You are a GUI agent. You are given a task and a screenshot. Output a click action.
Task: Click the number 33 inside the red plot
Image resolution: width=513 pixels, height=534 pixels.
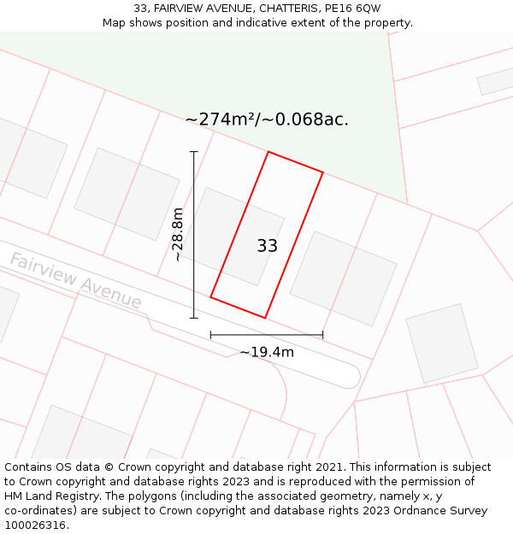click(x=267, y=246)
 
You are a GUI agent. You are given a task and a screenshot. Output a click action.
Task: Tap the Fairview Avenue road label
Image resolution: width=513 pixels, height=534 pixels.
click(x=75, y=280)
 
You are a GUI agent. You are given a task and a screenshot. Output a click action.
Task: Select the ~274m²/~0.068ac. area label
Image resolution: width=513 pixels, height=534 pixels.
click(x=267, y=120)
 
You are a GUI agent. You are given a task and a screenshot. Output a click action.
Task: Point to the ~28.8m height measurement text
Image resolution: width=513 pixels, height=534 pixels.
click(x=177, y=234)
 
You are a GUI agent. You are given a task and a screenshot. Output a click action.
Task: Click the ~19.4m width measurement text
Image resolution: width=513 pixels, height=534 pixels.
click(x=267, y=352)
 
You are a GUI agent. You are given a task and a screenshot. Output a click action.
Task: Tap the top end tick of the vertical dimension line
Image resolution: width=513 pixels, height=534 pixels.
click(x=194, y=152)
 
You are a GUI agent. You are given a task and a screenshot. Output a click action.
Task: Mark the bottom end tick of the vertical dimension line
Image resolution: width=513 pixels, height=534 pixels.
click(x=194, y=318)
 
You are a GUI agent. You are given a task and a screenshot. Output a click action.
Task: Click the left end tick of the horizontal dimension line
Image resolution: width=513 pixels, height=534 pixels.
click(x=210, y=335)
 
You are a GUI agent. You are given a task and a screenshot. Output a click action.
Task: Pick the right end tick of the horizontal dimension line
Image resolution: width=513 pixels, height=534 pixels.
click(x=323, y=335)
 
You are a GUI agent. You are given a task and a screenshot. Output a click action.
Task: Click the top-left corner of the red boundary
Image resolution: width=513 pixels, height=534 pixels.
click(x=268, y=152)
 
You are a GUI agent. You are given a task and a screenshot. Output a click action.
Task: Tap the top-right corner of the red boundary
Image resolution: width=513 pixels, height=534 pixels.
click(x=323, y=173)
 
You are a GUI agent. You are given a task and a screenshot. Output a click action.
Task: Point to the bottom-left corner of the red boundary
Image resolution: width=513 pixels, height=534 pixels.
click(x=210, y=297)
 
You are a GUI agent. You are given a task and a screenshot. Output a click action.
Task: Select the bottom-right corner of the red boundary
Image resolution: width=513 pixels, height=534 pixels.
click(x=265, y=318)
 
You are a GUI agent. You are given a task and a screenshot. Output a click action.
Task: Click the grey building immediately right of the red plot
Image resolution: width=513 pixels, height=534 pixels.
click(x=343, y=278)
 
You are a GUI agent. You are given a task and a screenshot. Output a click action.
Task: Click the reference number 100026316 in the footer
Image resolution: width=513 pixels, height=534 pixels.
click(x=34, y=525)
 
